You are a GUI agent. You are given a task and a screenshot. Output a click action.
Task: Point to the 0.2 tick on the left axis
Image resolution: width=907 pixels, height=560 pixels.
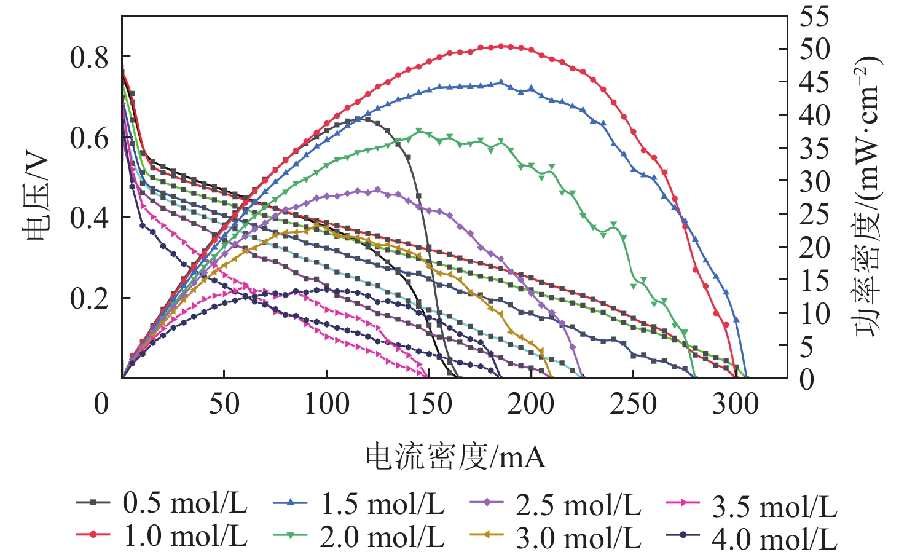[88, 298]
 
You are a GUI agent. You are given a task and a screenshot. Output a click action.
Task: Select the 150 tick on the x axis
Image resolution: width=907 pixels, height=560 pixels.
[428, 404]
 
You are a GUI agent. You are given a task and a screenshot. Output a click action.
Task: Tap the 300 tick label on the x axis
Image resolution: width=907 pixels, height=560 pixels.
[736, 404]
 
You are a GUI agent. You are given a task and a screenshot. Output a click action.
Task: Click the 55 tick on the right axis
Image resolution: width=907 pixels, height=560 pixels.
[814, 17]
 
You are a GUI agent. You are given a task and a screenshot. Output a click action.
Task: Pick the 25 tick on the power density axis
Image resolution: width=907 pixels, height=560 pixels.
[814, 214]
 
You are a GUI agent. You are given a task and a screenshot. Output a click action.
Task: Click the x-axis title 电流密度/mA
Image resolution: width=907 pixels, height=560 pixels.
[455, 457]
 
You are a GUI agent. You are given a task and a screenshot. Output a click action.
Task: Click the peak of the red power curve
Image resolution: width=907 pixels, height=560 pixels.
[501, 46]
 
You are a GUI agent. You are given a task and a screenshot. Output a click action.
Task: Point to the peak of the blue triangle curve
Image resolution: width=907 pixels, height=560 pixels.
[501, 82]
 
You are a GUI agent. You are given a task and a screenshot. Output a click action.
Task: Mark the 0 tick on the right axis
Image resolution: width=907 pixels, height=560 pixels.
[806, 379]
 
